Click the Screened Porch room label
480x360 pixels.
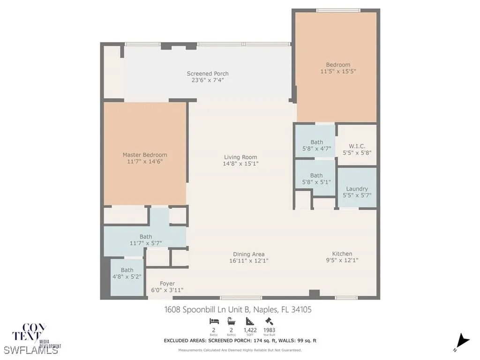(x=208, y=74)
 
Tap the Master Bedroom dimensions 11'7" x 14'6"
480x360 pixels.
(x=144, y=161)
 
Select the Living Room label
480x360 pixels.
(x=240, y=157)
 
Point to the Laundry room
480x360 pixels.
(x=357, y=189)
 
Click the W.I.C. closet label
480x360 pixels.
(x=357, y=146)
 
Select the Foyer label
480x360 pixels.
(x=167, y=284)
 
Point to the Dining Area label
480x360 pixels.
(x=249, y=254)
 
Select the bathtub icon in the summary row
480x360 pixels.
(x=231, y=321)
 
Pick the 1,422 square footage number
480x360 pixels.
(x=250, y=330)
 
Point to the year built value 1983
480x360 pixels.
(x=270, y=330)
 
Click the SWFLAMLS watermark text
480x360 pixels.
(x=31, y=350)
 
